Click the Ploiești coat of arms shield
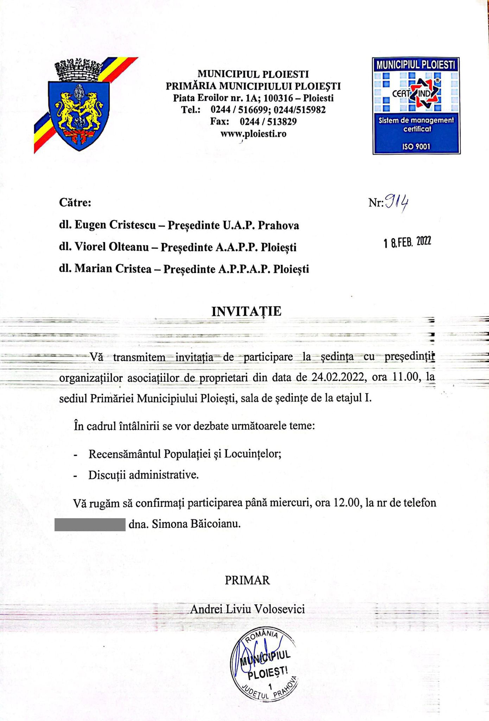[78, 114]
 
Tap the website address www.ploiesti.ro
[253, 134]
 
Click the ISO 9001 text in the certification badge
[416, 146]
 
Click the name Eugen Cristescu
[115, 225]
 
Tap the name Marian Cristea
[113, 269]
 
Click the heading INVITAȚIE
[246, 312]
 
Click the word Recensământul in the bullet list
[125, 454]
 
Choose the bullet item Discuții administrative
[144, 475]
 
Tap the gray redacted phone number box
[90, 524]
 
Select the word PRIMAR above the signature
[247, 580]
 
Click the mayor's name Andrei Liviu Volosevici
[247, 609]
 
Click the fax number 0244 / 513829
[268, 122]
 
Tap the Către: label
[75, 203]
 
